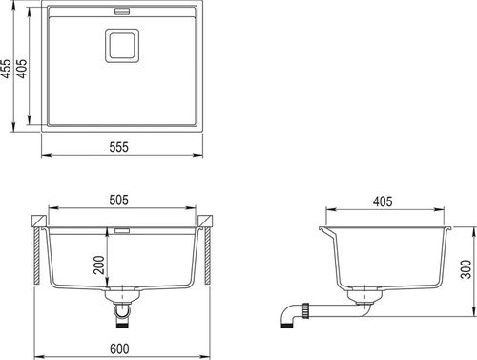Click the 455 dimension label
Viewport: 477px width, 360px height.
pos(7,69)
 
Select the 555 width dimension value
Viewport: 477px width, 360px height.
pos(119,147)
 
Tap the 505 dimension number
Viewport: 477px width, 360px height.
pos(119,200)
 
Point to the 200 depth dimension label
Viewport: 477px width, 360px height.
pos(99,265)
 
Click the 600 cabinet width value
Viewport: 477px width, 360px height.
pos(119,349)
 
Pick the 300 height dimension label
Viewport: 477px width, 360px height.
pos(466,269)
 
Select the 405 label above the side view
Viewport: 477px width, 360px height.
pos(383,201)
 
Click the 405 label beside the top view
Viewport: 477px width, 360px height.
pos(22,69)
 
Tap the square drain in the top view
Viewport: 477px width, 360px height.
pos(122,46)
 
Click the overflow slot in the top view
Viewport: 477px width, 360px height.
pos(122,11)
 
